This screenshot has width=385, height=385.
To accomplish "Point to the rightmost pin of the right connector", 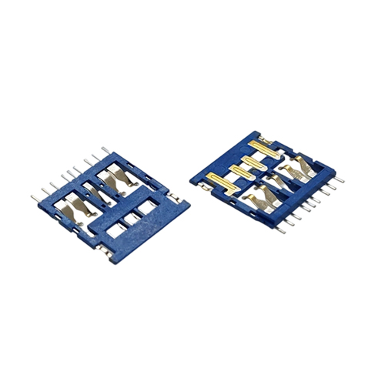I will point(339,180).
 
